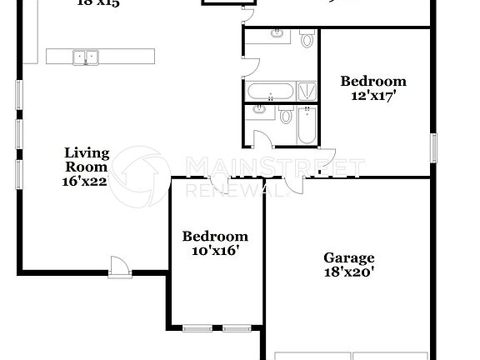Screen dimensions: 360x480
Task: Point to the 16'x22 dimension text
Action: (84, 181)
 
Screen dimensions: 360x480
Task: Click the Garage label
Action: (349, 258)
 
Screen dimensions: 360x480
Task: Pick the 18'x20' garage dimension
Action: (349, 272)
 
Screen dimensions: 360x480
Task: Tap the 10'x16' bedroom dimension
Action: (214, 250)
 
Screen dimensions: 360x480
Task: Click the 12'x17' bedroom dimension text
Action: (372, 95)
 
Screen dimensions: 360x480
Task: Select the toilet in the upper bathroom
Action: (307, 38)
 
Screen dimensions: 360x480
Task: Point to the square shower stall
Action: (307, 90)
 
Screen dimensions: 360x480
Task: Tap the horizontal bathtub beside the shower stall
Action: (268, 90)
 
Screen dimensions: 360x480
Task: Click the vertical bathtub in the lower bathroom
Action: (307, 123)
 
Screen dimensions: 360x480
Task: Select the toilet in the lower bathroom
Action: (286, 114)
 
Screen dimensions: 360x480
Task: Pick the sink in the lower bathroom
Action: (259, 109)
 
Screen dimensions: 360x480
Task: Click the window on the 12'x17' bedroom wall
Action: (433, 147)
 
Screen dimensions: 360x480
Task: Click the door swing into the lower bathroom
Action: (262, 139)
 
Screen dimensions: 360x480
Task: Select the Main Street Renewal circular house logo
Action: (141, 176)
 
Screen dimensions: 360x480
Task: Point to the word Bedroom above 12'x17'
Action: (372, 81)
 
